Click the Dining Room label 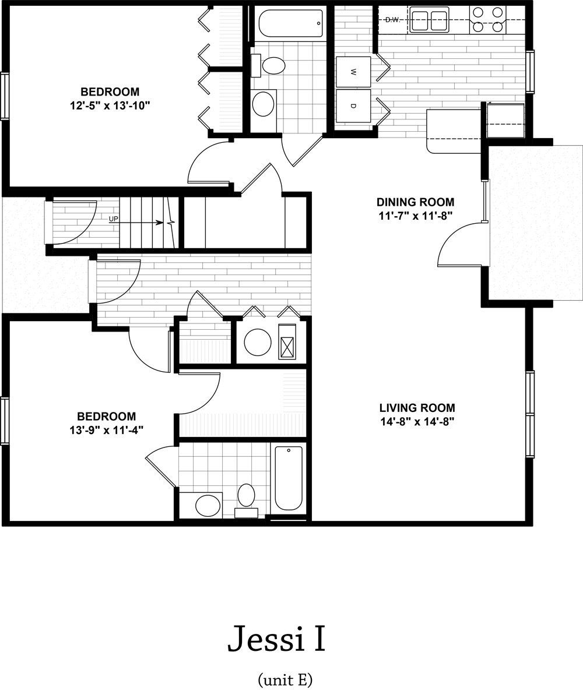click(x=415, y=202)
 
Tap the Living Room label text click(x=417, y=408)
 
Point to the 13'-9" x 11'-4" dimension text click(x=106, y=430)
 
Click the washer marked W click(x=353, y=72)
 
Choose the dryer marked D click(x=353, y=106)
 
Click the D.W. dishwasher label click(x=392, y=20)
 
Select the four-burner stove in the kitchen click(x=487, y=19)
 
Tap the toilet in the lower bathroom click(x=245, y=499)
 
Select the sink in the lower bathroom click(x=208, y=505)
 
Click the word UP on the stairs click(x=113, y=219)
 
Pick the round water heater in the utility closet click(x=258, y=341)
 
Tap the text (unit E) click(x=285, y=679)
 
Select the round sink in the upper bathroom click(x=264, y=104)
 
